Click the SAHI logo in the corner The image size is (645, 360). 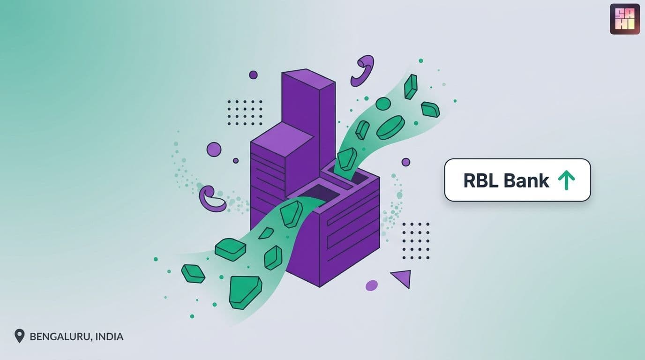624,19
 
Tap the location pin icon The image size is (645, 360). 19,336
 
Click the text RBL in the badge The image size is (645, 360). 481,181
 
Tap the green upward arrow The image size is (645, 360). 566,180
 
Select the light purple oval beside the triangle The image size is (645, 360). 371,285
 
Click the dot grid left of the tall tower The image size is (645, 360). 245,112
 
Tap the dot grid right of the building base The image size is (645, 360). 416,241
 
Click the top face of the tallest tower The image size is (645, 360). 308,77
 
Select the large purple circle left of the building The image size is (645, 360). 214,150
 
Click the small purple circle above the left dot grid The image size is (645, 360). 253,75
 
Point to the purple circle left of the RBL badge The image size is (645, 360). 406,162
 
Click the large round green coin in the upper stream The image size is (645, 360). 390,128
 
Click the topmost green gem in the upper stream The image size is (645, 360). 411,87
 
